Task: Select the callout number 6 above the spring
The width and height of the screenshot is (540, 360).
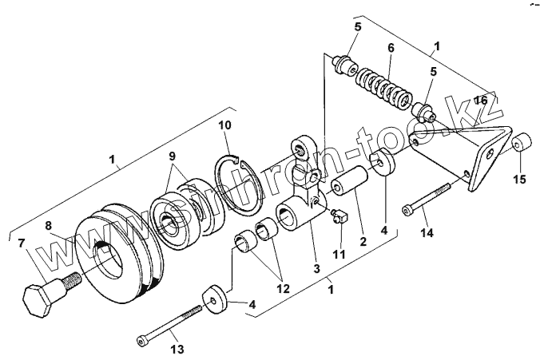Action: coord(391,47)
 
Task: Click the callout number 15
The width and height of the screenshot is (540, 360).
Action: coord(519,179)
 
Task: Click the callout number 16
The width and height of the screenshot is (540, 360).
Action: coord(480,100)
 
